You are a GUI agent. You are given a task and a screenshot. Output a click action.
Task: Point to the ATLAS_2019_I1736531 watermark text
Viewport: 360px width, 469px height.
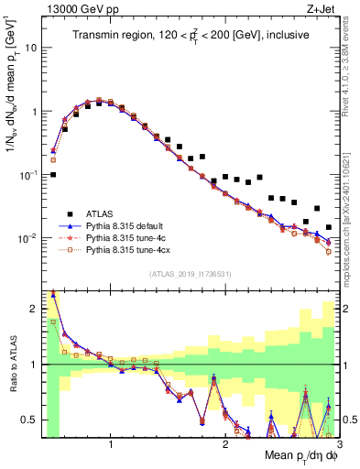point(190,274)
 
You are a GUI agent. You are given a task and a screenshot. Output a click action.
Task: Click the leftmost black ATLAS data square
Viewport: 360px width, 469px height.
point(53,174)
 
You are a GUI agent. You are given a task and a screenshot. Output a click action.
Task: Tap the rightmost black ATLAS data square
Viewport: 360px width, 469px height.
point(329,227)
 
